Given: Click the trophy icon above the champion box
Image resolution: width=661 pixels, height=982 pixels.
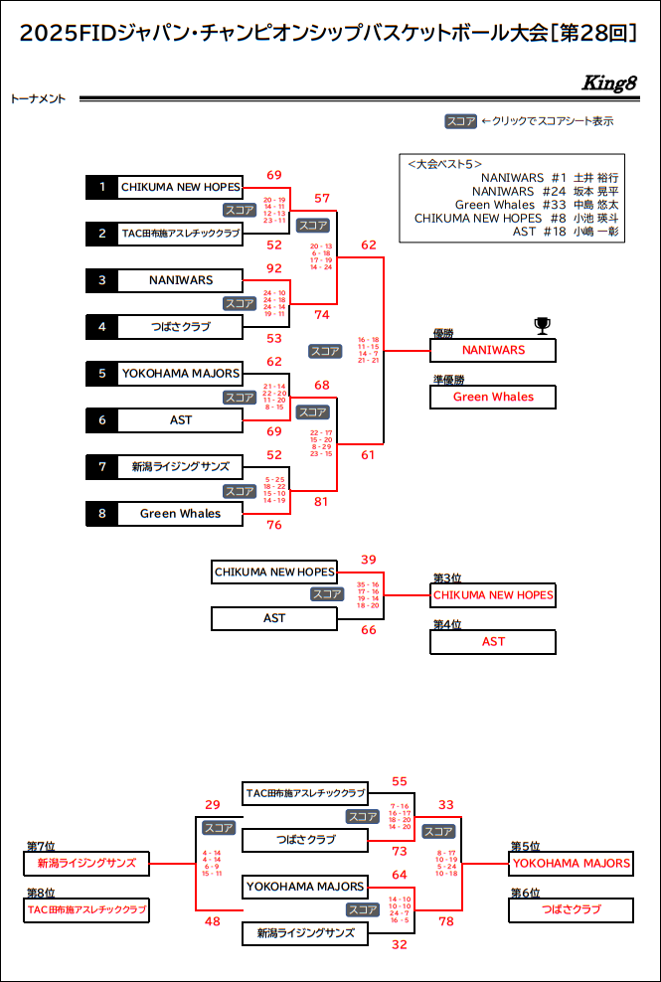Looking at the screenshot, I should [x=542, y=324].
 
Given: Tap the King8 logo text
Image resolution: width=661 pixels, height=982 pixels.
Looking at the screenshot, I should [x=608, y=83].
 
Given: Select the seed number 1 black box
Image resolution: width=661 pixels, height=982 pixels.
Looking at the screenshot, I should [x=101, y=187].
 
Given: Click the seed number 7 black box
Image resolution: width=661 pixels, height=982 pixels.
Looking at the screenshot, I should [x=101, y=466].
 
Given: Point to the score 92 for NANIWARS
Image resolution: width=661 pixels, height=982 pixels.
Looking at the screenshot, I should [x=274, y=268].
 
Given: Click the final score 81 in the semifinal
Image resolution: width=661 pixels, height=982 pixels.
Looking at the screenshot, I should [x=321, y=502].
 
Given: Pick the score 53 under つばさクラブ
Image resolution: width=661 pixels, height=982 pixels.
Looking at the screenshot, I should [x=274, y=338].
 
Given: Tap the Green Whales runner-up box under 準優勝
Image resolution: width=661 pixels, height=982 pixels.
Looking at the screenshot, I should [x=493, y=397].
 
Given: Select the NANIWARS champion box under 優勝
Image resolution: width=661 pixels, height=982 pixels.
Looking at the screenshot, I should [x=493, y=350].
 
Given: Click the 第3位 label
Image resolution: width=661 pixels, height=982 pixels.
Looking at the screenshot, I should [x=447, y=577].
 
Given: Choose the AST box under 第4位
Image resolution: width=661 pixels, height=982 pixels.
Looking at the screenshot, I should [x=493, y=642].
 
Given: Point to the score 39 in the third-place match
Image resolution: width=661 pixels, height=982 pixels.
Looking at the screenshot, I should [x=369, y=560].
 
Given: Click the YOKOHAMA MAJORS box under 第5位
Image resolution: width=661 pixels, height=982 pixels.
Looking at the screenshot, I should [x=572, y=864].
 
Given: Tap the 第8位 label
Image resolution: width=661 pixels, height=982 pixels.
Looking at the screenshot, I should [x=41, y=893].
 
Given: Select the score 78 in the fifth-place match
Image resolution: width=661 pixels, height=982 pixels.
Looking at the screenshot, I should [x=446, y=921].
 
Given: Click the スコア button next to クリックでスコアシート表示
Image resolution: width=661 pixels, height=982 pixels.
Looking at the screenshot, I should [x=460, y=121].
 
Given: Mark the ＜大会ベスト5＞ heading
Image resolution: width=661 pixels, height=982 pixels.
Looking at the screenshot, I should [x=445, y=164].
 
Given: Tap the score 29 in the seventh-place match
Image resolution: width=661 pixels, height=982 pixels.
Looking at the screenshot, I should [x=213, y=805].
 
